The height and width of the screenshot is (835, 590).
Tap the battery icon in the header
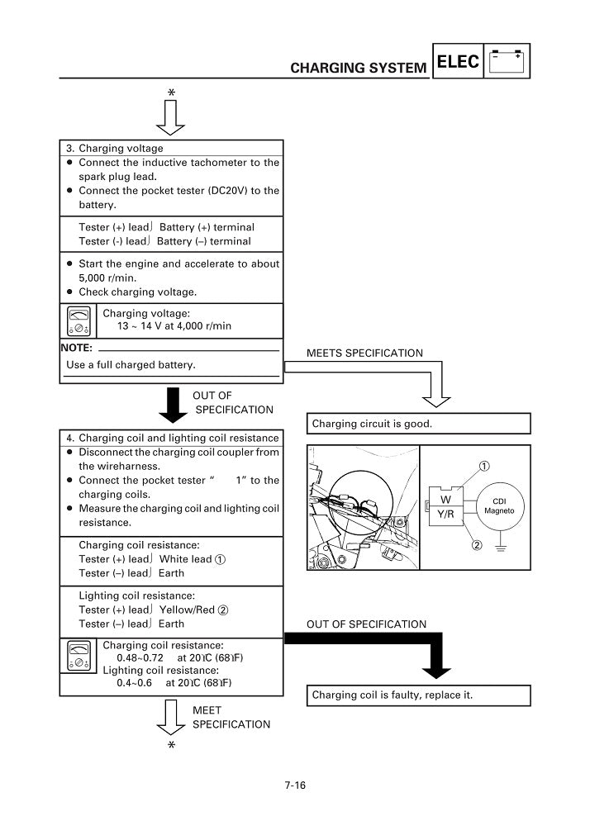(x=507, y=62)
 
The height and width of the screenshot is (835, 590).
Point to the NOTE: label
(x=76, y=348)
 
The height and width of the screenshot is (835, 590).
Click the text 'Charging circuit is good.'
(x=372, y=425)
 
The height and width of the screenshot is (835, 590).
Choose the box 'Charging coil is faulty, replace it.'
(x=392, y=695)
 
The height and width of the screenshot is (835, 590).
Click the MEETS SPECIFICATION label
(x=364, y=353)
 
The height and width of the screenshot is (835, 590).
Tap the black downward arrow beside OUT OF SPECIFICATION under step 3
(x=173, y=404)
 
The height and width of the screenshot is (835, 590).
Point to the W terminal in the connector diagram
(x=445, y=500)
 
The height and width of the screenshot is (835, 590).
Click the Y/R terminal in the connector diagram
(x=445, y=514)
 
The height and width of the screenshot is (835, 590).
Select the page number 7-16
(x=294, y=785)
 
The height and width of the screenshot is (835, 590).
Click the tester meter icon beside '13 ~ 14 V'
(x=80, y=320)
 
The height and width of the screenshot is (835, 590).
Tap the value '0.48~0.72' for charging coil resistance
(x=139, y=658)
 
